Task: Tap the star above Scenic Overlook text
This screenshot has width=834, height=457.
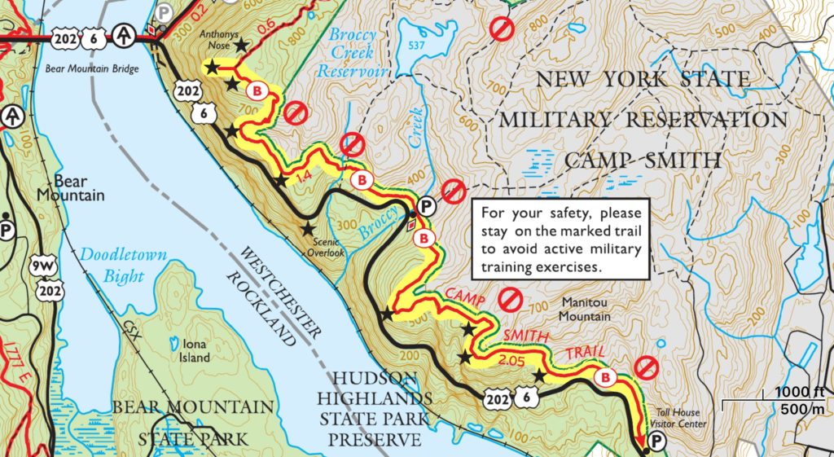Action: point(308,229)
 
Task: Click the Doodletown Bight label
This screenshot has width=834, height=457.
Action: point(123,265)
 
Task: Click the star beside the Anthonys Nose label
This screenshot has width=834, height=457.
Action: point(241,46)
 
